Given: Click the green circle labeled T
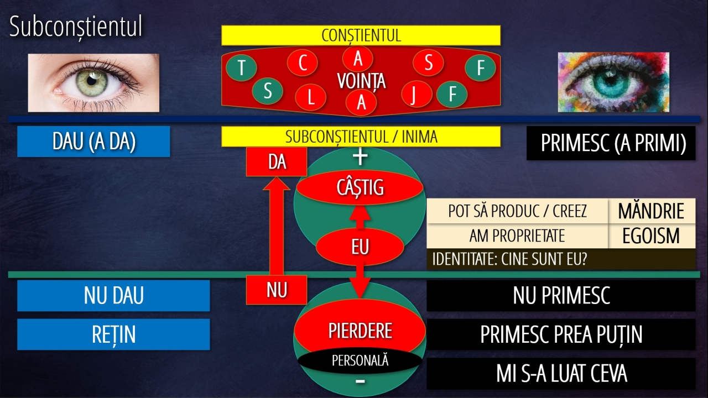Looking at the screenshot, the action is pos(242,67).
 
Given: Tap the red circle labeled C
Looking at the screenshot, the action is pos(303,62).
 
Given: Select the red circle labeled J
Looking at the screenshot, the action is pos(417,94).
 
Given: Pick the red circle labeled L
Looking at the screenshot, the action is pos(310,97).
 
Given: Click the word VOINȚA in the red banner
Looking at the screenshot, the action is pos(361,81).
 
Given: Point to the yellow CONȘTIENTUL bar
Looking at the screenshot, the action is pos(361,35).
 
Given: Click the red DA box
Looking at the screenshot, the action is pos(277,162).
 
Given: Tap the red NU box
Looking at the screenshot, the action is pos(277,290).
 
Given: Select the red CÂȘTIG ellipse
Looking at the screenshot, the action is pos(360,187).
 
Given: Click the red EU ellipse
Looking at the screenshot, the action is pos(360,247).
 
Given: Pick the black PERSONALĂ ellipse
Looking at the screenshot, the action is pos(360,360).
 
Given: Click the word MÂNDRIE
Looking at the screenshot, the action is pos(651,211).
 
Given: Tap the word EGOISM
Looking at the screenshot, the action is pos(651,235).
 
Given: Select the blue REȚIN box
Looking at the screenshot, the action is pos(113,334).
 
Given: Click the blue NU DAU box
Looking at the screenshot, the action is pos(113,295).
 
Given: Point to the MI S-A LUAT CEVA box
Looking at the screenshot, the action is pos(561,373).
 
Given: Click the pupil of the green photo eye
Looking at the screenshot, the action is pos(91,81).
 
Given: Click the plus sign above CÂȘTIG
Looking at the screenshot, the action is pos(360,156).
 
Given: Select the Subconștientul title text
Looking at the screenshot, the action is pos(76,27).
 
